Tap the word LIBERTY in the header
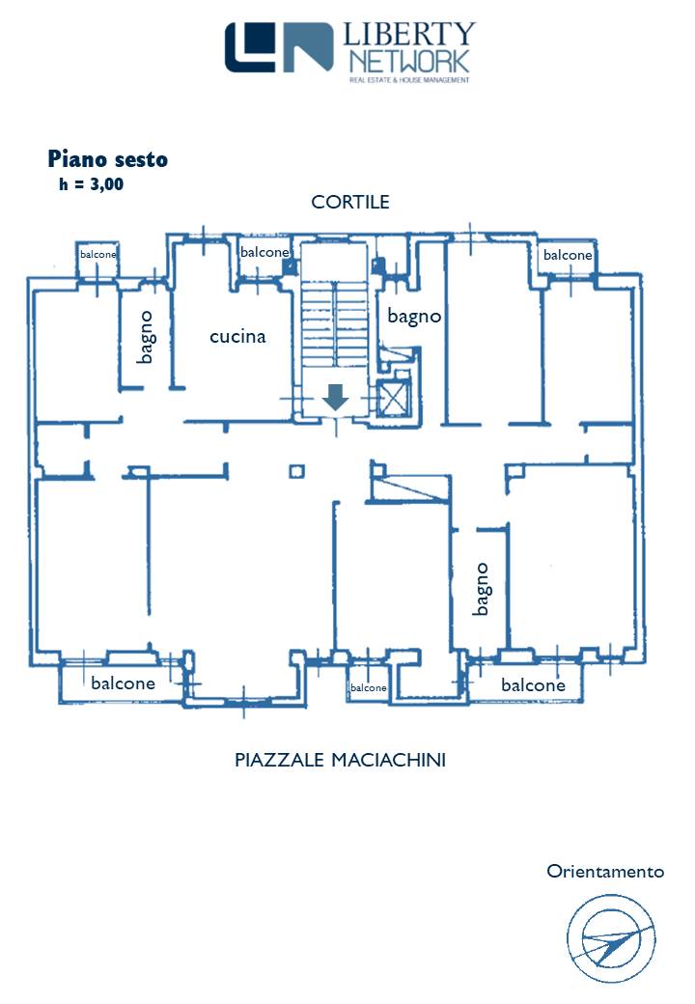click(x=409, y=36)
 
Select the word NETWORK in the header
click(x=409, y=62)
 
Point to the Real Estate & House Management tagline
click(x=409, y=80)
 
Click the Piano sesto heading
click(x=107, y=159)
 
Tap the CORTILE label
click(x=350, y=202)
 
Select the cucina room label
click(x=237, y=337)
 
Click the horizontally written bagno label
click(x=414, y=316)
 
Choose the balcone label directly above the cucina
click(x=264, y=252)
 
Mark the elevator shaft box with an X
click(x=397, y=398)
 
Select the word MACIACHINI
click(x=388, y=761)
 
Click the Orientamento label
click(x=605, y=872)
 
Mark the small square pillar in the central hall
click(x=297, y=471)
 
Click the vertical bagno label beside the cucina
click(x=146, y=336)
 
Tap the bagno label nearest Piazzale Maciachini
click(x=482, y=589)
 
